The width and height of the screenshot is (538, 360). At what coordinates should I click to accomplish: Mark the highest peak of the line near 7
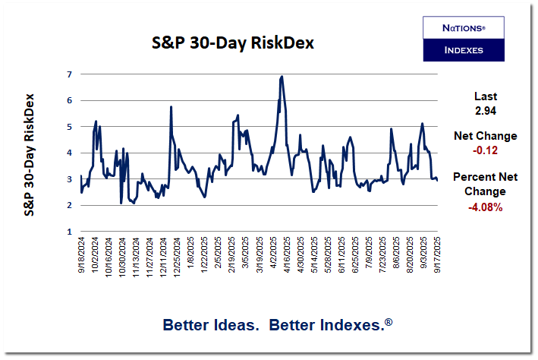pyautogui.click(x=282, y=76)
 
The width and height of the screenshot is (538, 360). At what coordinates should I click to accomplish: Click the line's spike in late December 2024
pyautogui.click(x=171, y=107)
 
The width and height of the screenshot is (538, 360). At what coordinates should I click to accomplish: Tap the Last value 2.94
pyautogui.click(x=486, y=111)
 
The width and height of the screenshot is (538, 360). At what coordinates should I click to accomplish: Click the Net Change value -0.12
pyautogui.click(x=486, y=150)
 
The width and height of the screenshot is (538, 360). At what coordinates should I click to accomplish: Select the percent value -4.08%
pyautogui.click(x=486, y=206)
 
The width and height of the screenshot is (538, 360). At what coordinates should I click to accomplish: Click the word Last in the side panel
pyautogui.click(x=486, y=96)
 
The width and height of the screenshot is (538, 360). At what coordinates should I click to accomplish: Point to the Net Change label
pyautogui.click(x=486, y=136)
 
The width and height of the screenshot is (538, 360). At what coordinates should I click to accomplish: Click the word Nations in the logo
pyautogui.click(x=463, y=27)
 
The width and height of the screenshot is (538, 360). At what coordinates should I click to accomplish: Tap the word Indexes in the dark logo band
pyautogui.click(x=463, y=51)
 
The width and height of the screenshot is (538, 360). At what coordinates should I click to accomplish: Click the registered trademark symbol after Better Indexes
pyautogui.click(x=389, y=322)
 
